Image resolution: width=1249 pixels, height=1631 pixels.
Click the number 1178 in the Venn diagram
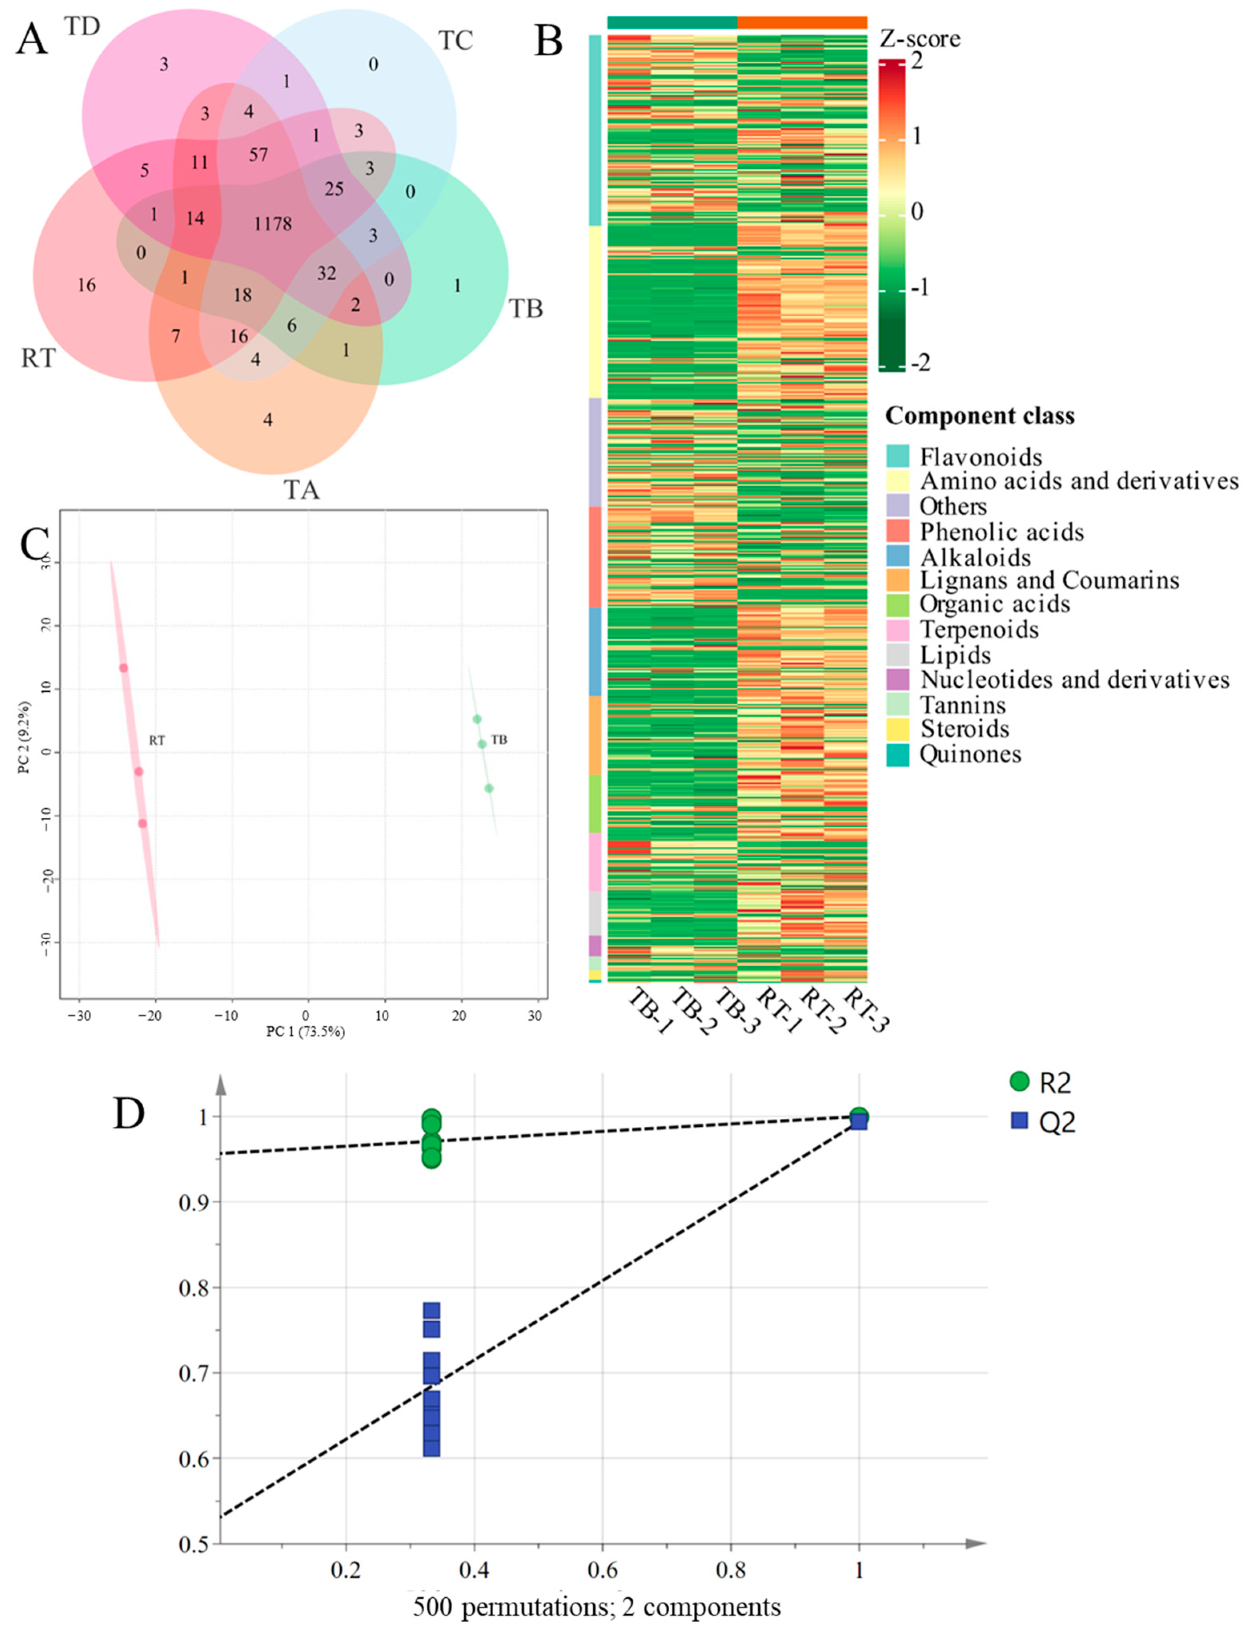(x=273, y=224)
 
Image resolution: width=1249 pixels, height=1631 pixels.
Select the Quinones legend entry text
(x=970, y=754)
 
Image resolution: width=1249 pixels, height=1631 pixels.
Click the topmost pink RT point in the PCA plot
(x=123, y=668)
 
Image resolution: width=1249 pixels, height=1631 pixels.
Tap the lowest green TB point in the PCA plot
(x=488, y=788)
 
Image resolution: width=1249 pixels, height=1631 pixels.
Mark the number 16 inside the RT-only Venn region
(x=86, y=285)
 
